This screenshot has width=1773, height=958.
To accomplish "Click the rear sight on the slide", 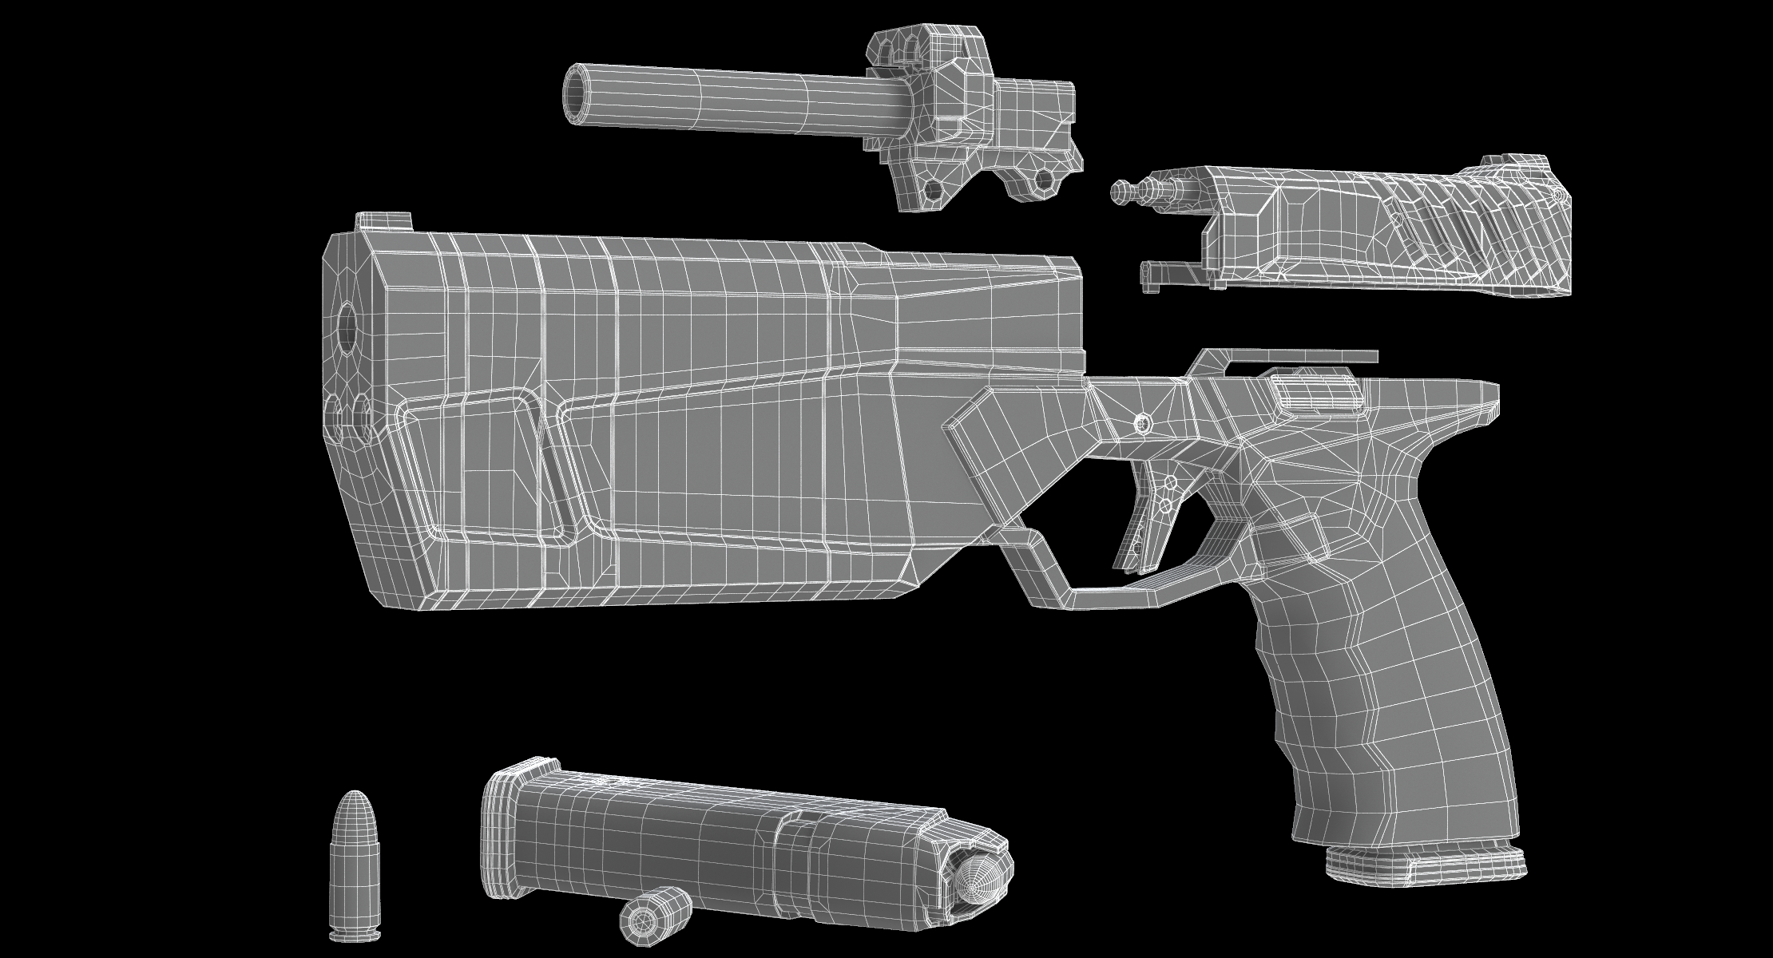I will [x=1509, y=170].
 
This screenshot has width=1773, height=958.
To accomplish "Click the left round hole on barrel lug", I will [x=929, y=189].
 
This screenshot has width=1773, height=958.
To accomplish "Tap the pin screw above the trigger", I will [x=1142, y=422].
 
